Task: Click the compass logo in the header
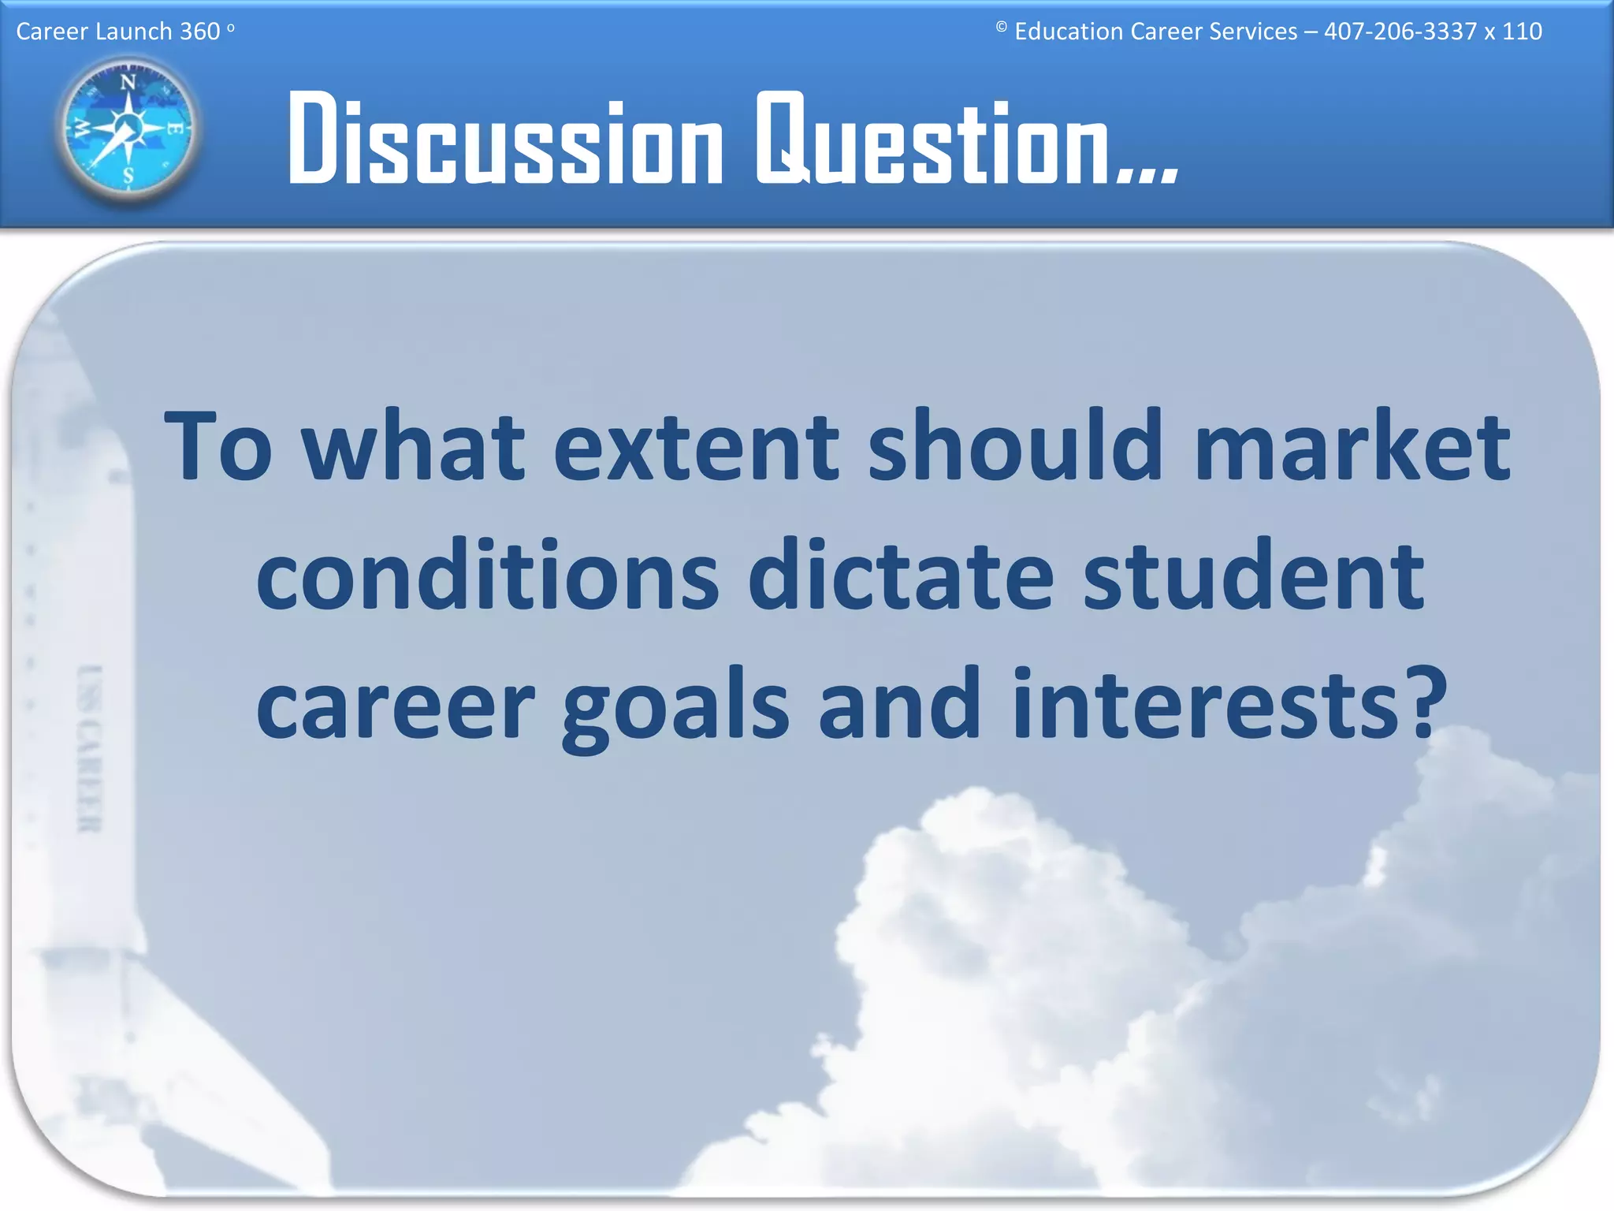coord(128,129)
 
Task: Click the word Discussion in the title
coord(505,140)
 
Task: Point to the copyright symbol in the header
coord(1001,28)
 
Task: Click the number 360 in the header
coord(200,32)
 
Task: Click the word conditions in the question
coord(488,575)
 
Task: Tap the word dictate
coord(901,575)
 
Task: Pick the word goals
coord(675,706)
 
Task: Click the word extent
coord(697,448)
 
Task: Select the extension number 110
coord(1522,32)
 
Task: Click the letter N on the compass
coord(128,82)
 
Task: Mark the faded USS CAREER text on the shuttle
coord(90,748)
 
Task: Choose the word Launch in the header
coord(134,32)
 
